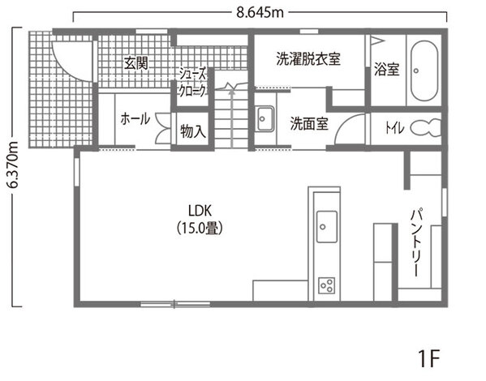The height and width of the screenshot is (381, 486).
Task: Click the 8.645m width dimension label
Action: [x=260, y=13]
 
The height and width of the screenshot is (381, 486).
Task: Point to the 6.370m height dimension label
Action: [x=13, y=165]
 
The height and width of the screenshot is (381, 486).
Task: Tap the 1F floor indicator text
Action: [x=429, y=358]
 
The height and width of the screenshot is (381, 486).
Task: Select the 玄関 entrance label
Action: [x=136, y=63]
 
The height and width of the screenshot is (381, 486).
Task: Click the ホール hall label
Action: [x=135, y=118]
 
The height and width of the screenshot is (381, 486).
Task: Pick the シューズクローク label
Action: [x=192, y=83]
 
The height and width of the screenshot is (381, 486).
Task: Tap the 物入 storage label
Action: [x=193, y=131]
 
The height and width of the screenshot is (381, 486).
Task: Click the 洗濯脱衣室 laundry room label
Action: [x=308, y=59]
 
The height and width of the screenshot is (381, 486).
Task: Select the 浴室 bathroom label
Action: [x=386, y=69]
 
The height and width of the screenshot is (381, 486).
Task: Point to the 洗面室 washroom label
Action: [x=309, y=123]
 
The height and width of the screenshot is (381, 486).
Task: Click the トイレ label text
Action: [x=394, y=127]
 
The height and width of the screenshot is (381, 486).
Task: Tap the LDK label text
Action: [x=200, y=211]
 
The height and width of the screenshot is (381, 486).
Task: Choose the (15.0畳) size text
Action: [x=200, y=229]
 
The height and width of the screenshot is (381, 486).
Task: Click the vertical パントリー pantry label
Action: [x=417, y=242]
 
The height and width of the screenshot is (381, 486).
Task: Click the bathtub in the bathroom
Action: [x=424, y=71]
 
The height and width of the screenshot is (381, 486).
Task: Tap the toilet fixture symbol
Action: [x=426, y=127]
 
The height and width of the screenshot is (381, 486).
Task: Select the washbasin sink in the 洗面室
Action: [x=265, y=118]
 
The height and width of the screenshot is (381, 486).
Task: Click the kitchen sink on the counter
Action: [x=327, y=227]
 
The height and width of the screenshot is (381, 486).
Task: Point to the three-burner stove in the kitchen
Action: [x=327, y=285]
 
